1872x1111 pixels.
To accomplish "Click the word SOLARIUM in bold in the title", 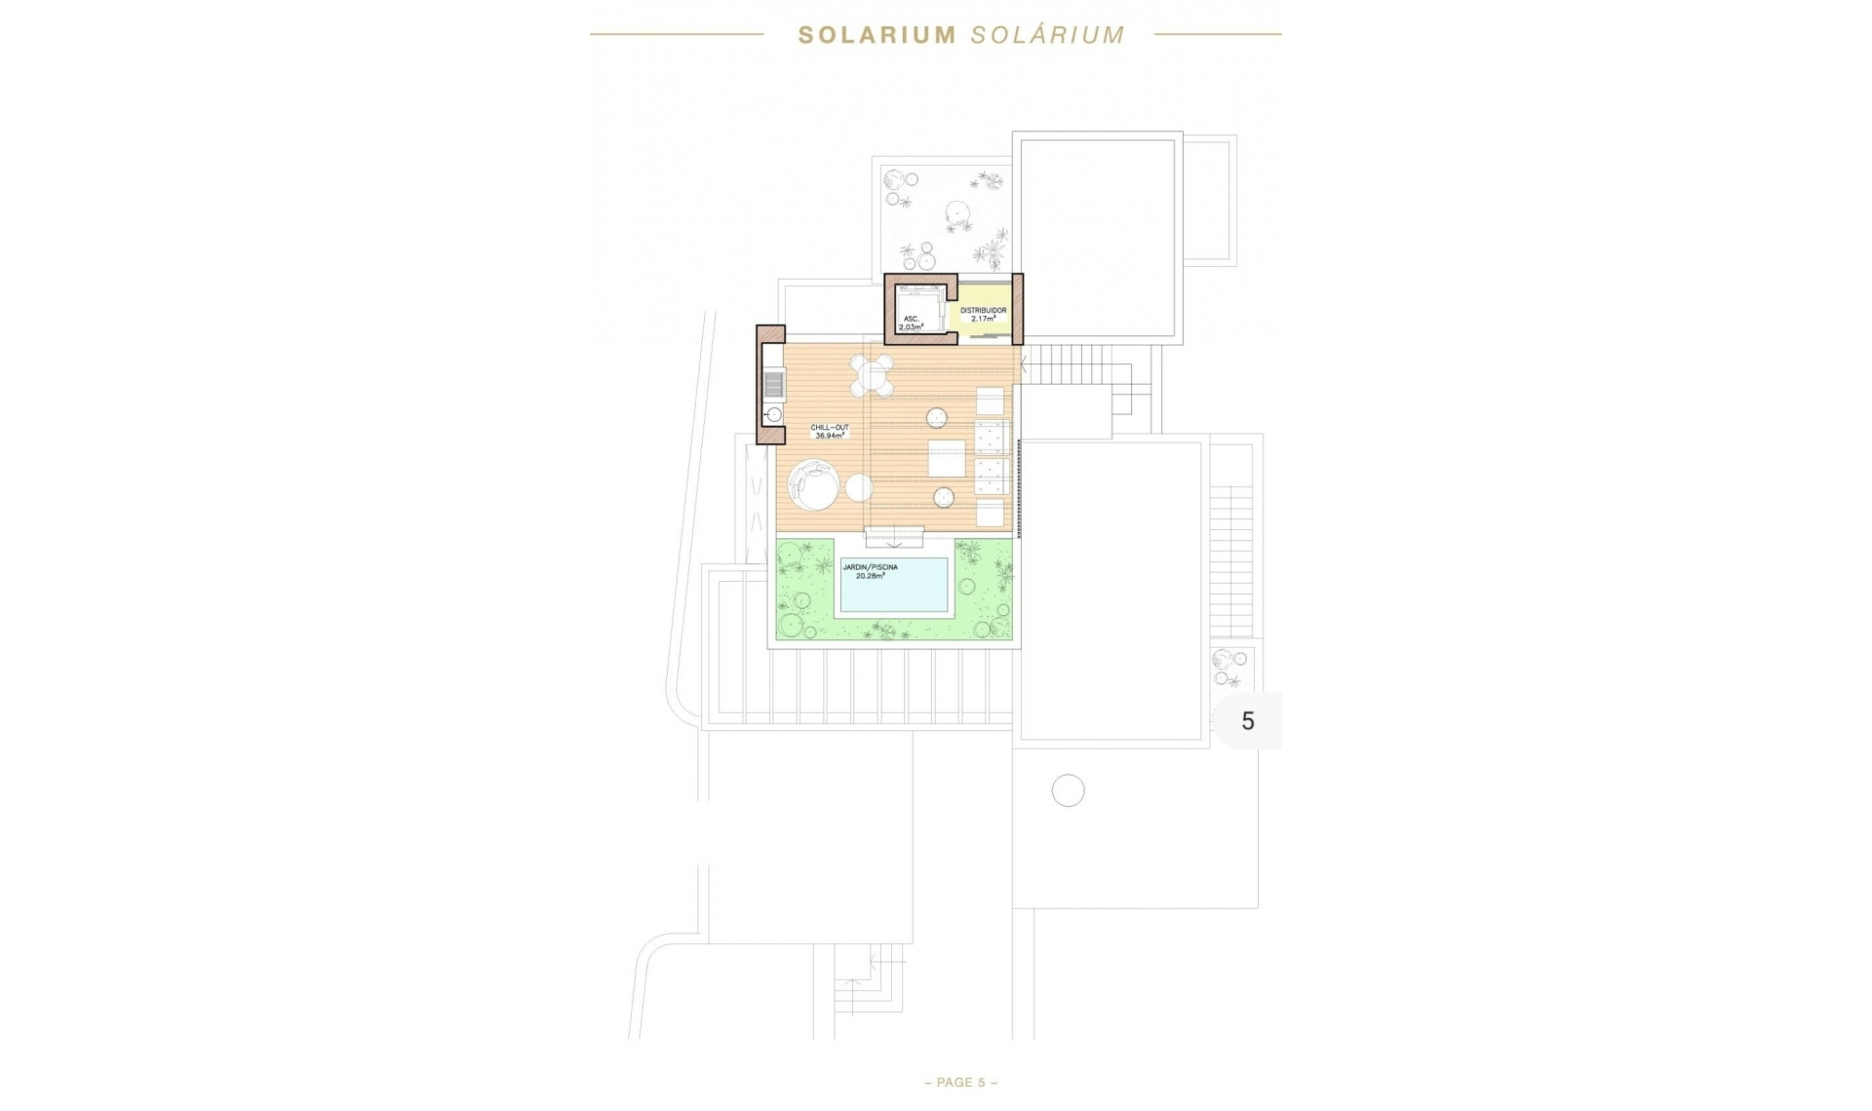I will point(877,35).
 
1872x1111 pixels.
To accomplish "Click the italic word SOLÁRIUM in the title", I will point(1048,35).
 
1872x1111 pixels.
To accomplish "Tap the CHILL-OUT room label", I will point(830,428).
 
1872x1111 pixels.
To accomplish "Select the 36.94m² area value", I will point(830,437).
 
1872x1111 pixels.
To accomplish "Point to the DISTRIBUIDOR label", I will point(983,310).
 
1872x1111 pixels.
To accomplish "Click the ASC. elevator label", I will point(911,319).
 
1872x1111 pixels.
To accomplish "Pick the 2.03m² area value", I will point(911,327).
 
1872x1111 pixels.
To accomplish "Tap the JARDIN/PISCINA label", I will point(870,567).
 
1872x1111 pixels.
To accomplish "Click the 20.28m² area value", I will point(870,576).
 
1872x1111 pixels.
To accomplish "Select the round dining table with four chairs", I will point(872,375).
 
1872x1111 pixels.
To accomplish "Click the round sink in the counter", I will point(773,415).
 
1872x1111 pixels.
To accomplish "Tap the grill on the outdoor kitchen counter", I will point(773,386).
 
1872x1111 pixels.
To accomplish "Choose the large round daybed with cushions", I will point(813,484).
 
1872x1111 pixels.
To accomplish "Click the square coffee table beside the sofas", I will point(946,458).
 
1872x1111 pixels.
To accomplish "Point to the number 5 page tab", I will point(1247,721).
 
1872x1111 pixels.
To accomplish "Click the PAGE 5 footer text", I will point(960,1083).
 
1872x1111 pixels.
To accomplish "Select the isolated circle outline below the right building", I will point(1068,790).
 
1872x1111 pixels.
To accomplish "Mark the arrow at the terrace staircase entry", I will point(1023,364).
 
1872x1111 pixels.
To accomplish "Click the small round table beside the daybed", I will point(859,487).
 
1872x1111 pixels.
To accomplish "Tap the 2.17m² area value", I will point(983,319).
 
